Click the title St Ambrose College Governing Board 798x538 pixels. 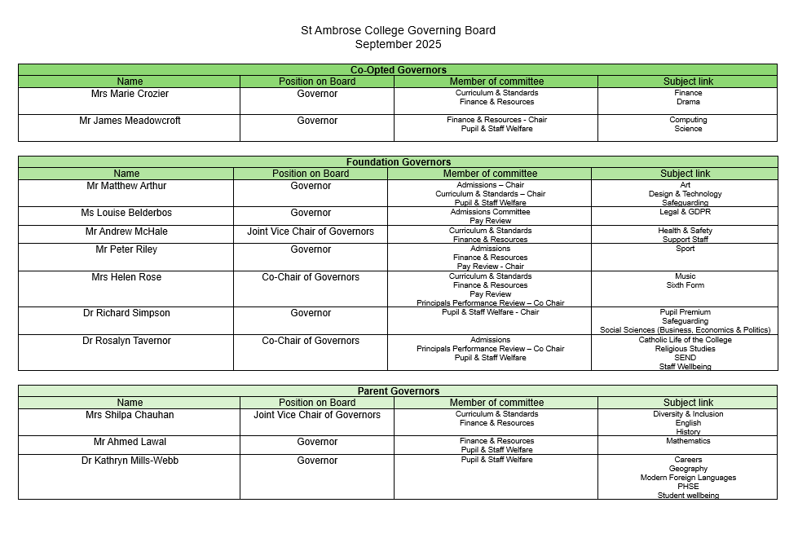(x=398, y=31)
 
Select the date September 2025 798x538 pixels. (x=398, y=44)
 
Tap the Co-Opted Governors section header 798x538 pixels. (x=398, y=70)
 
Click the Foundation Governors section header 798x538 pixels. (x=398, y=162)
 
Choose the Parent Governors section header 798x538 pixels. (x=398, y=391)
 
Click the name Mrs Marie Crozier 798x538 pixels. (x=130, y=94)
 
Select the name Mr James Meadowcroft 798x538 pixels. (x=130, y=121)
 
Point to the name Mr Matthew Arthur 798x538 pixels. (x=126, y=186)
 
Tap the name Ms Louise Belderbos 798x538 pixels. (x=126, y=213)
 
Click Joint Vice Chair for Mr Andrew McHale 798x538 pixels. (x=311, y=232)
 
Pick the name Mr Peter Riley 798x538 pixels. (x=126, y=249)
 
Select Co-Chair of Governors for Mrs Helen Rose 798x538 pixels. (x=311, y=277)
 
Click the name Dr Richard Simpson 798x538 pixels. (x=126, y=313)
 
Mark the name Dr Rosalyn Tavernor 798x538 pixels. (x=126, y=341)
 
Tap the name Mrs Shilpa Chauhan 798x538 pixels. (x=130, y=415)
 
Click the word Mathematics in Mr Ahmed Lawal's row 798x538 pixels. (x=688, y=441)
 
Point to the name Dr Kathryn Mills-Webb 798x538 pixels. (x=130, y=461)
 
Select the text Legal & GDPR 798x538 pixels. (x=686, y=212)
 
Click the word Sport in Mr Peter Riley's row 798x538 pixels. (x=686, y=249)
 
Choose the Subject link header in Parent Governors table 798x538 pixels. (x=688, y=403)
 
